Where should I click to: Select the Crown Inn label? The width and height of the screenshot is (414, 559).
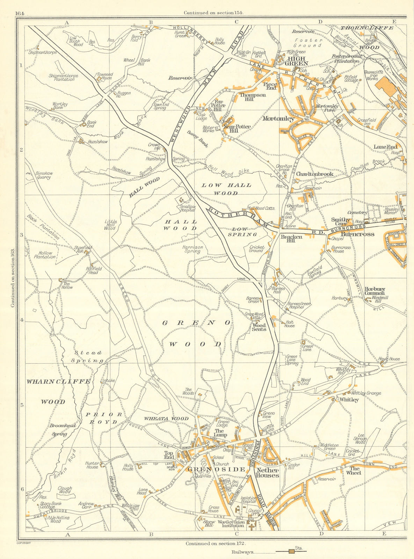(154, 146)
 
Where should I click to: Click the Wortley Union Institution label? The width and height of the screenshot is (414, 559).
(230, 525)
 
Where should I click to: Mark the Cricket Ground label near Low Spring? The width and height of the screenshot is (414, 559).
(256, 248)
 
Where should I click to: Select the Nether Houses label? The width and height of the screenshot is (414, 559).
(267, 472)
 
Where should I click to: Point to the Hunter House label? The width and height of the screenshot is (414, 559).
(92, 465)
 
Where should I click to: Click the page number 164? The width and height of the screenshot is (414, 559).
(20, 13)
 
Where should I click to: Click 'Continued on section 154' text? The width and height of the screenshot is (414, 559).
(213, 13)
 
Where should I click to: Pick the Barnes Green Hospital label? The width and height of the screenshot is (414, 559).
(299, 306)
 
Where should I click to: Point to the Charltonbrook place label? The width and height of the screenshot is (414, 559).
(315, 174)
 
